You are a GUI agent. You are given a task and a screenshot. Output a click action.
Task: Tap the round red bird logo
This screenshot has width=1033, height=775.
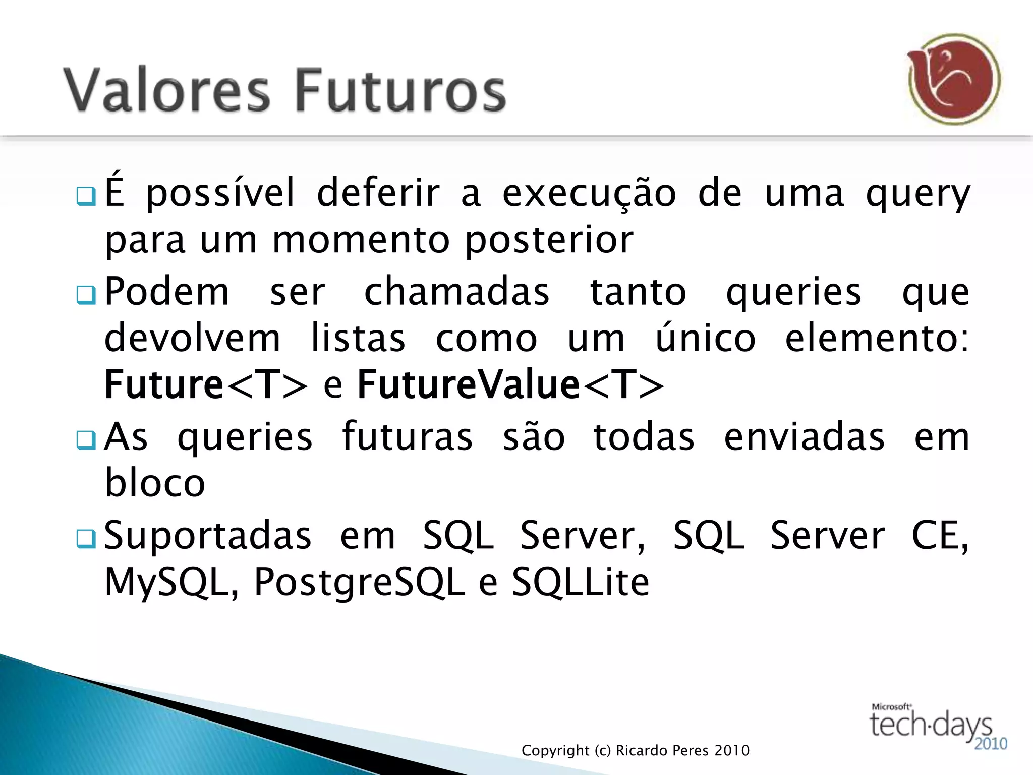coord(954,80)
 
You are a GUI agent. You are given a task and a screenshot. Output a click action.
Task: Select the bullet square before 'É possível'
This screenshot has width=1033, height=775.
coord(85,196)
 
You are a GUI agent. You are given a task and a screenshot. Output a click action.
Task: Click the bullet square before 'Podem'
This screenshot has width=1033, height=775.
coord(85,295)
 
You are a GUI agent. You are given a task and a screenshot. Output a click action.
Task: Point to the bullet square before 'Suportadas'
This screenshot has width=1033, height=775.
coord(85,539)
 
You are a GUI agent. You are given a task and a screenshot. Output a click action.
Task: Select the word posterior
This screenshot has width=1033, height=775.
coord(549,241)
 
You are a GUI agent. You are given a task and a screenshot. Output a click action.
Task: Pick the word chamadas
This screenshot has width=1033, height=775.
coord(456,293)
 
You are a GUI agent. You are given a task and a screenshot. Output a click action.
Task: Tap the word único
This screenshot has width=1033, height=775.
coord(705,338)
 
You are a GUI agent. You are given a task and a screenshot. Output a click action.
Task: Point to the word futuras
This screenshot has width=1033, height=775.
coord(407,437)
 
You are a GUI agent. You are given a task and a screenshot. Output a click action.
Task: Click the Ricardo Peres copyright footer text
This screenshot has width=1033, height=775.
coord(635,751)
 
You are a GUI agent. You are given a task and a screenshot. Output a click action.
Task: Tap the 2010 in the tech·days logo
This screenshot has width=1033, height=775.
coord(990,744)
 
